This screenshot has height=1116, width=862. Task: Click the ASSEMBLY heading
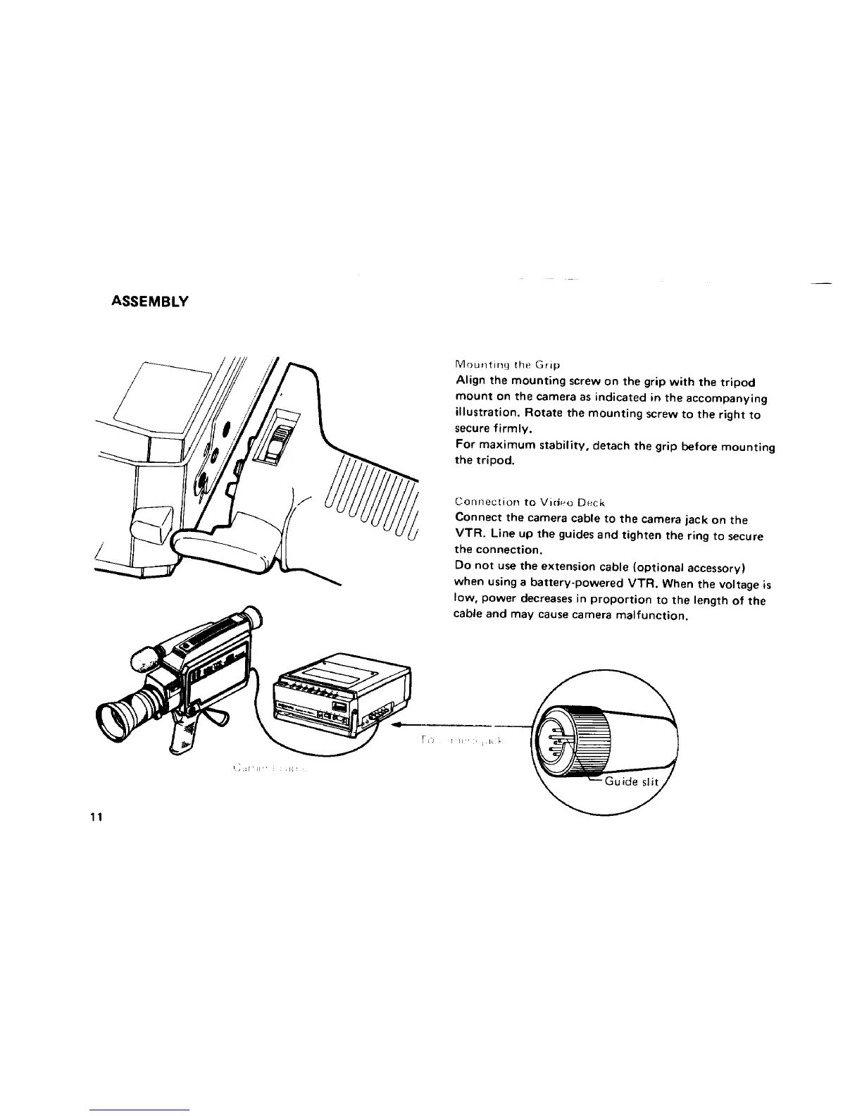coord(150,302)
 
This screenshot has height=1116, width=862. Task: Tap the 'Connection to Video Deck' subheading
coord(530,503)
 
